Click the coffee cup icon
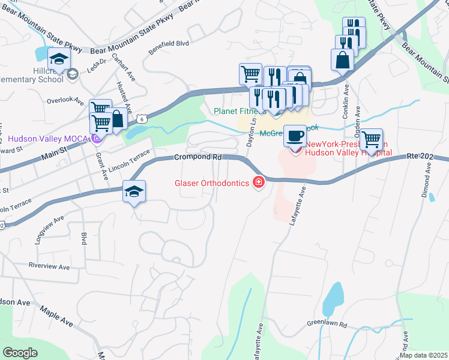pyautogui.click(x=295, y=136)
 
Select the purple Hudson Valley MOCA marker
pyautogui.click(x=95, y=139)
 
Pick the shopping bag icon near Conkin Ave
pyautogui.click(x=342, y=60)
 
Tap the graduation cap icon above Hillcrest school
pyautogui.click(x=59, y=59)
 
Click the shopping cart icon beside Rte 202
pyautogui.click(x=372, y=139)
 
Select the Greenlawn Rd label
pyautogui.click(x=327, y=325)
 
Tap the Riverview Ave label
pyautogui.click(x=50, y=267)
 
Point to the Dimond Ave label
pyautogui.click(x=428, y=179)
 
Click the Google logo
pyautogui.click(x=20, y=353)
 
